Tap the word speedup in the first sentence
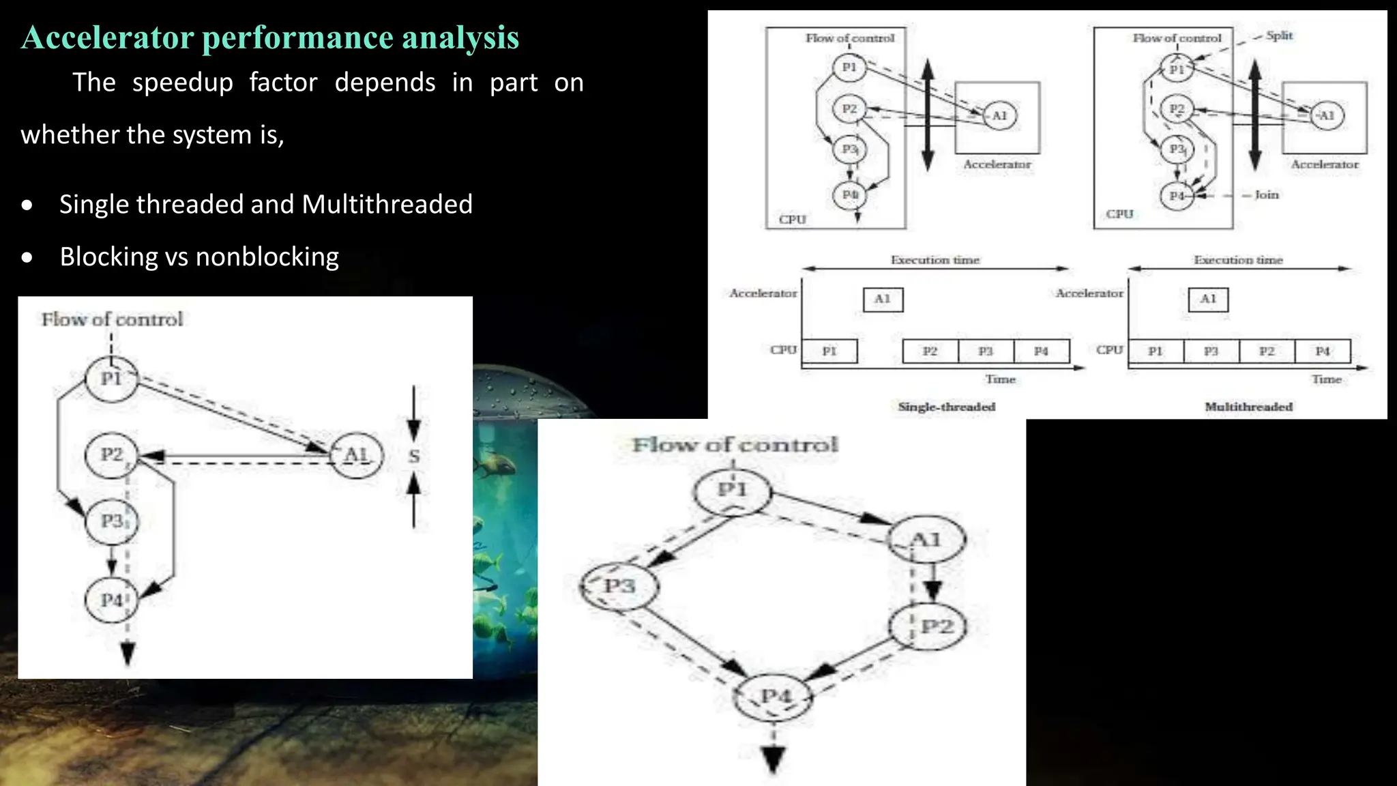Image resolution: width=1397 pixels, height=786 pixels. click(182, 83)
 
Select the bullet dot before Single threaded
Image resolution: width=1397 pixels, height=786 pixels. click(27, 205)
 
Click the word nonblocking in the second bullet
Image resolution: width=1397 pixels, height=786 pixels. click(267, 257)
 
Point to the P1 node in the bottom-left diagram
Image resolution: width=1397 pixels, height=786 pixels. click(111, 379)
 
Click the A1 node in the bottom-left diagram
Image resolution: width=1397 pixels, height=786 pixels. click(356, 455)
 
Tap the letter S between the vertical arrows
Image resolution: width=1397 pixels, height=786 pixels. click(414, 456)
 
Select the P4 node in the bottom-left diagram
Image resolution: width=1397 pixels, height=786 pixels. click(111, 600)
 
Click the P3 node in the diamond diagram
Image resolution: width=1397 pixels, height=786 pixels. click(619, 586)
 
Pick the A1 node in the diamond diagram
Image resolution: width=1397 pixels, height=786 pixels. click(926, 540)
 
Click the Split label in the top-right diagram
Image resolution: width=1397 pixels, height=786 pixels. click(1278, 35)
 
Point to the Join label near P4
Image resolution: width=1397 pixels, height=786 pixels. click(1266, 194)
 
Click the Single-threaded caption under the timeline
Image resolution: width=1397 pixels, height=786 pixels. click(946, 407)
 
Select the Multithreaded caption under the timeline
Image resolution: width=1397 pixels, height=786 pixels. click(1248, 407)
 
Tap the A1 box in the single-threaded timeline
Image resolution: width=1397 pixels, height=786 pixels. click(883, 299)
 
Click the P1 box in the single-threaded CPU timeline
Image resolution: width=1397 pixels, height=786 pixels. click(829, 351)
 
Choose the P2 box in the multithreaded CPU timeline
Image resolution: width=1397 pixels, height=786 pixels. click(1267, 351)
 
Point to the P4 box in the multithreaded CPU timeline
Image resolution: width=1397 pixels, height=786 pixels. click(1322, 351)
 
